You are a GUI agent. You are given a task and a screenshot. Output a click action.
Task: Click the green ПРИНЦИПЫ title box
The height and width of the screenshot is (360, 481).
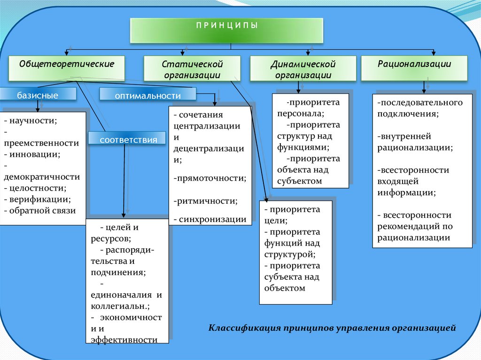226,31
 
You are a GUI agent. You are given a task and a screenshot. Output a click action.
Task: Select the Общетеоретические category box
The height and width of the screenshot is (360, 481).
67,68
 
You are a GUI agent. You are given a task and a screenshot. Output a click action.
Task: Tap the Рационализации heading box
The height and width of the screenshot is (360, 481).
414,68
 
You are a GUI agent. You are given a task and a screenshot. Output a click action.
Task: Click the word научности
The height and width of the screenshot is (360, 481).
33,121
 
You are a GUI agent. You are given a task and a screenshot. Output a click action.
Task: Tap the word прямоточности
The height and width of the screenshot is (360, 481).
211,178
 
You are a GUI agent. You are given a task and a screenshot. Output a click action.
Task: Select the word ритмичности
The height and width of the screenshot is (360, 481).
207,201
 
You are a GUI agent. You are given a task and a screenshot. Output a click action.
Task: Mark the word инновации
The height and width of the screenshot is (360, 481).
35,154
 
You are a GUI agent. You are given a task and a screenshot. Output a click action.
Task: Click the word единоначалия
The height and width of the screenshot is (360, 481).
121,295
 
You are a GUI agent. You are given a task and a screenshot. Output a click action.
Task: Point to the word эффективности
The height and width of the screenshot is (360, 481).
124,340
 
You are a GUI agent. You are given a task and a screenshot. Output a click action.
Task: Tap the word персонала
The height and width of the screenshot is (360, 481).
301,114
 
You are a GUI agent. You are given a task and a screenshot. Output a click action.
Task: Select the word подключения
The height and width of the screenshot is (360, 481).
408,114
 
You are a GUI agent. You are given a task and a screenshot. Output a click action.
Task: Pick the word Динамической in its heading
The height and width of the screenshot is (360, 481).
303,64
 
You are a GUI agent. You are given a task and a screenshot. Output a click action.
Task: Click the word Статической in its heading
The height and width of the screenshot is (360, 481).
192,64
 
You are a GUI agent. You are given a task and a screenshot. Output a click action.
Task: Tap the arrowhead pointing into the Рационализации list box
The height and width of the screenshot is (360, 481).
424,91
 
